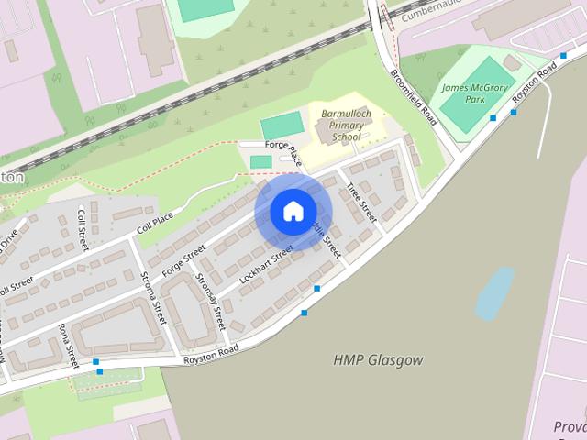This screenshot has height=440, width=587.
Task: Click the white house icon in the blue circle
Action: pyautogui.click(x=293, y=212)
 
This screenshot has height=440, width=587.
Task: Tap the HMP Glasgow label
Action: pyautogui.click(x=378, y=360)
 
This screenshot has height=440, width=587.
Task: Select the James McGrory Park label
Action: pyautogui.click(x=474, y=93)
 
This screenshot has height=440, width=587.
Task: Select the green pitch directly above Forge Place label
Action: pyautogui.click(x=281, y=127)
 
